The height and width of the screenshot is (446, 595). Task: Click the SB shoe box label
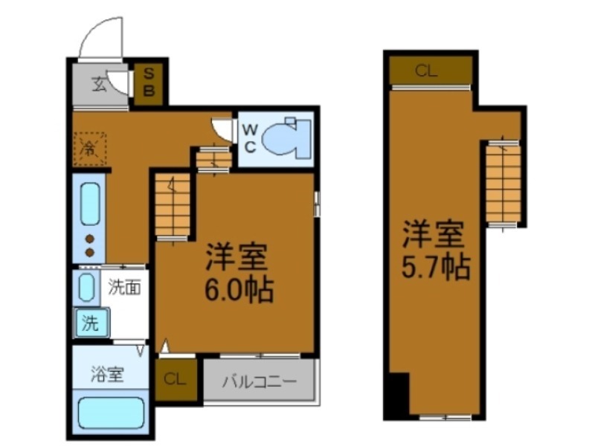point(149,82)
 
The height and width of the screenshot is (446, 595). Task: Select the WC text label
point(250,138)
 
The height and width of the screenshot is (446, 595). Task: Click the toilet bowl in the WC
point(286,138)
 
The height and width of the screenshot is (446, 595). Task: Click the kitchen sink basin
point(89,201)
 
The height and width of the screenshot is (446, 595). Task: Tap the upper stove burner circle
point(89,239)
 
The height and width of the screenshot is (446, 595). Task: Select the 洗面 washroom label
point(125,286)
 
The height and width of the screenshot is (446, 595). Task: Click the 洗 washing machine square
point(91,323)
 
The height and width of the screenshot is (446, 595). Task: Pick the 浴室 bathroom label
point(109,375)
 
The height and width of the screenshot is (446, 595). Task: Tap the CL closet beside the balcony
point(176,380)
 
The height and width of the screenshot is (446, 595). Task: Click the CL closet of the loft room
point(427,71)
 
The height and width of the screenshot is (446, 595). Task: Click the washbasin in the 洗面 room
point(86,287)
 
